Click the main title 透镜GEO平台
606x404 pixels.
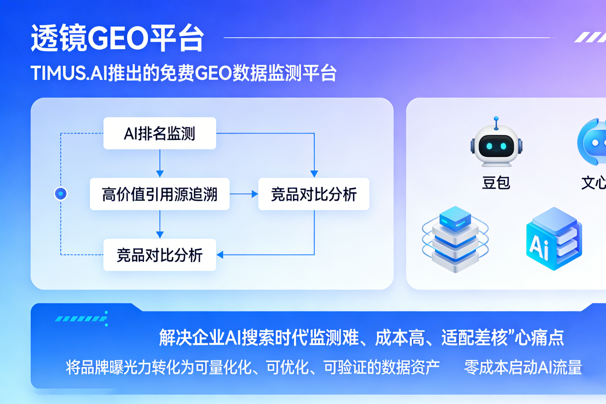tap(117, 38)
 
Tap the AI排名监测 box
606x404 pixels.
tap(160, 133)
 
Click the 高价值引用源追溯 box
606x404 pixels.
tap(160, 194)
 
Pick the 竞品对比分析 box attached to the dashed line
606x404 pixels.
tap(160, 255)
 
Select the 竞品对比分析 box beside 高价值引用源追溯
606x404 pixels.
tap(314, 194)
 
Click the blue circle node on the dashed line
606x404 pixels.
tap(61, 194)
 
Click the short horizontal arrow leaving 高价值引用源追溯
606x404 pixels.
tap(244, 194)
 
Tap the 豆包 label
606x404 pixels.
tap(496, 183)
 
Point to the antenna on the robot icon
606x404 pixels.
tap(496, 122)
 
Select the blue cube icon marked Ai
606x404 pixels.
tap(554, 239)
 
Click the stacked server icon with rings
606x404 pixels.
tap(455, 239)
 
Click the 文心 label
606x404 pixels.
tap(593, 183)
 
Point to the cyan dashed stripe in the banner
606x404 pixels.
tap(81, 318)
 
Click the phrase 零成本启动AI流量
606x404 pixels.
tap(523, 367)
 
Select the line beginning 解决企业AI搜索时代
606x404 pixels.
tap(361, 338)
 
